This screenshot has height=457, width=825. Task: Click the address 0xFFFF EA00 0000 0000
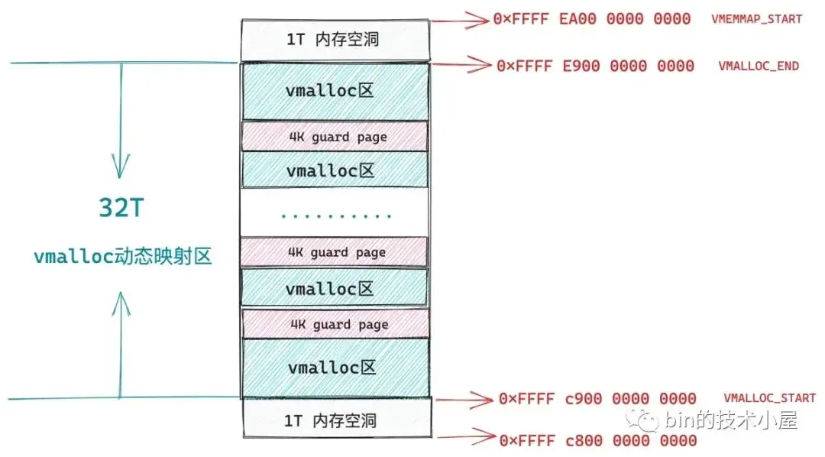[592, 18]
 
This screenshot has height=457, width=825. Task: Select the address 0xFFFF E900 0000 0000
[595, 66]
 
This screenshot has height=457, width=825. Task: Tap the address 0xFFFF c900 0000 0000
[597, 398]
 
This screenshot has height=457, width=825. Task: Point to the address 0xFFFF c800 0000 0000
[597, 440]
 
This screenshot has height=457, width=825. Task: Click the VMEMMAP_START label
[756, 18]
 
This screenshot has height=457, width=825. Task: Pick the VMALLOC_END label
[759, 66]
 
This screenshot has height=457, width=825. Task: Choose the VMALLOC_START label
[769, 398]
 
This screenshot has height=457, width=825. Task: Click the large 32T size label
[121, 208]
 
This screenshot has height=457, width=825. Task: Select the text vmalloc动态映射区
[122, 257]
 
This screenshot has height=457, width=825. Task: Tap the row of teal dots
[336, 216]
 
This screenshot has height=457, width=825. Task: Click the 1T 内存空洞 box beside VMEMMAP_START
[335, 40]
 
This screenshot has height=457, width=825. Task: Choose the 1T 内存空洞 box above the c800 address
[335, 420]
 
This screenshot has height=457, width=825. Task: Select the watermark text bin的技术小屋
[731, 420]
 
